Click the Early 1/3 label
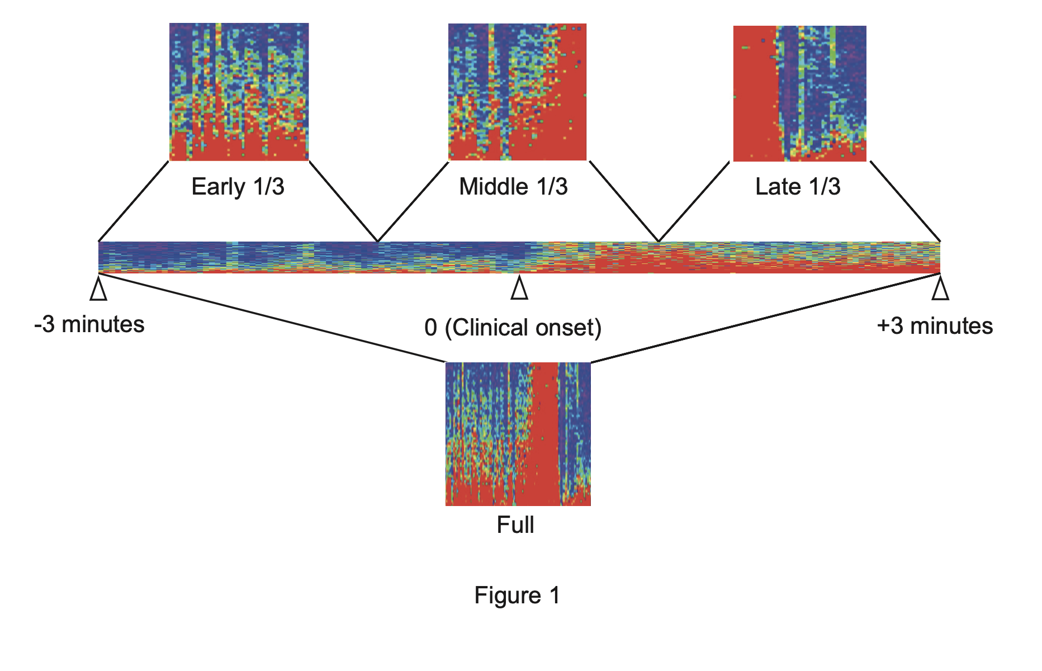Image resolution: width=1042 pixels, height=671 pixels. point(238,187)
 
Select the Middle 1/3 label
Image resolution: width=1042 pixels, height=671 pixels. point(513,187)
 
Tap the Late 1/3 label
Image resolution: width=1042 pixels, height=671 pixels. point(798,187)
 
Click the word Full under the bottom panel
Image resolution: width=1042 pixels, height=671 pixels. point(515,525)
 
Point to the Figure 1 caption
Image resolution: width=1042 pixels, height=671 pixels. point(517,596)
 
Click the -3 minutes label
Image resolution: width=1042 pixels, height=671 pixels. point(89,325)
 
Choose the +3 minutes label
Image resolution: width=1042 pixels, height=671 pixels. point(935,326)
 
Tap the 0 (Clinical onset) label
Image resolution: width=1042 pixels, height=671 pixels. point(513,328)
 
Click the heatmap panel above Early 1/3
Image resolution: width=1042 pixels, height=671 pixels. point(239,92)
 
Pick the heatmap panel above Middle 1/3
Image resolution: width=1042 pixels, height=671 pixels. point(517,92)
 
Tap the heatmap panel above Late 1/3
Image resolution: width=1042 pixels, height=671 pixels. point(799,93)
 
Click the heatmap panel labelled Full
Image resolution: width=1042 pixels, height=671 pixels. point(518,434)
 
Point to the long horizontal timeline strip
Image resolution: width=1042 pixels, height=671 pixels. point(519,257)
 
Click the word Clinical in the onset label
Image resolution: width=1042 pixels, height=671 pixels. point(487,328)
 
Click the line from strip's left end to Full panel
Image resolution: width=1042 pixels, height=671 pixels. point(272,318)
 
